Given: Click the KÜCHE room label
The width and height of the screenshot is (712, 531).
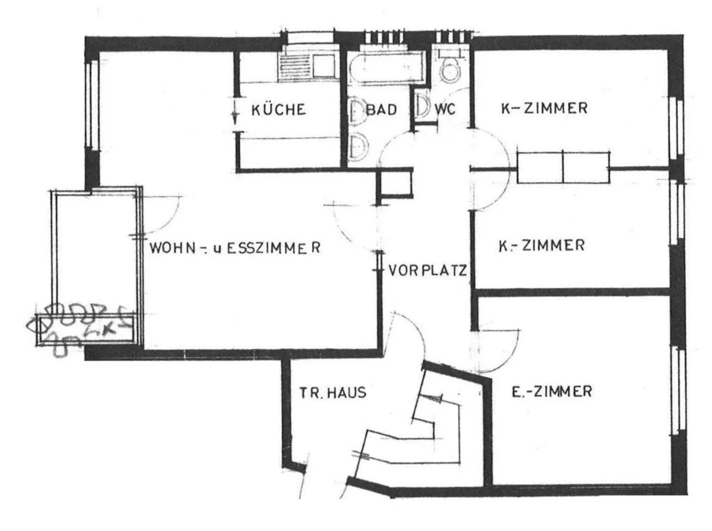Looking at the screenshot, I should point(278,109).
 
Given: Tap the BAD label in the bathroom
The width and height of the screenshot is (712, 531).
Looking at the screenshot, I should point(381,109).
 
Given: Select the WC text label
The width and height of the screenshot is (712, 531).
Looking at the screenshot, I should point(445,109).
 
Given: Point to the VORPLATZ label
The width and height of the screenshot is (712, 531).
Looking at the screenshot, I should point(428,270).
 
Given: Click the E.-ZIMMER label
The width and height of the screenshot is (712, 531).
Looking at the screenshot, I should point(551,392).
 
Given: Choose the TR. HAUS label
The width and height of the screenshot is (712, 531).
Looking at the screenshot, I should point(332,393).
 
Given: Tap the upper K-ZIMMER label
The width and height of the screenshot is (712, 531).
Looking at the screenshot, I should point(544,108).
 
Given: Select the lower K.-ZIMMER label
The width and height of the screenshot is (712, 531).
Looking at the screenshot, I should point(542,245).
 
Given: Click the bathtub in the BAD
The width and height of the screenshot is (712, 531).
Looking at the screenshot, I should point(386,70).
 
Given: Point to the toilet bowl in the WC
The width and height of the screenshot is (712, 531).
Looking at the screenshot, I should point(450,70).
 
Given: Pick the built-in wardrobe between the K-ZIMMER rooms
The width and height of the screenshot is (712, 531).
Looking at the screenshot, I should point(563,168).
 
